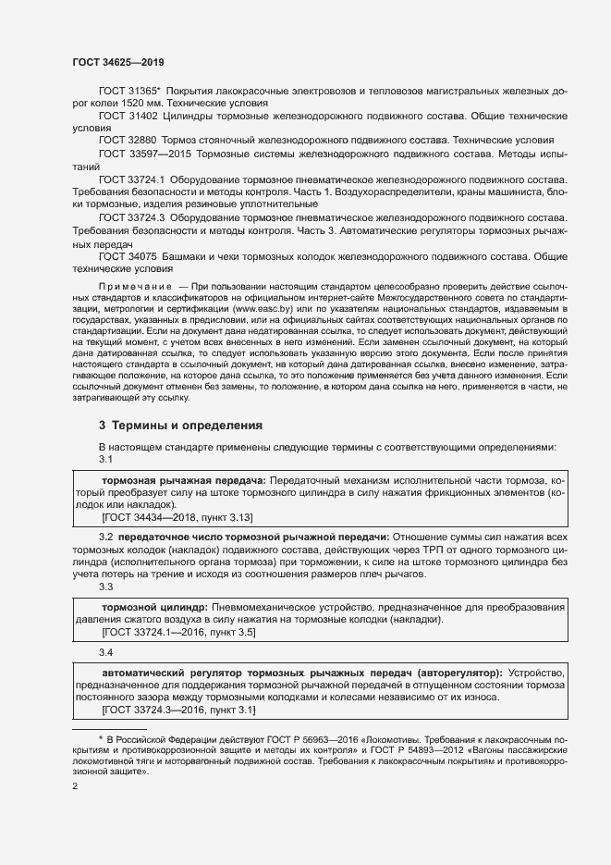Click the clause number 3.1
point(105,460)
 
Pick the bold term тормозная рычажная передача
point(183,482)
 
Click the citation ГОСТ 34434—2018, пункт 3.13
point(177,519)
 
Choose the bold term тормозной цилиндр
point(154,606)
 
